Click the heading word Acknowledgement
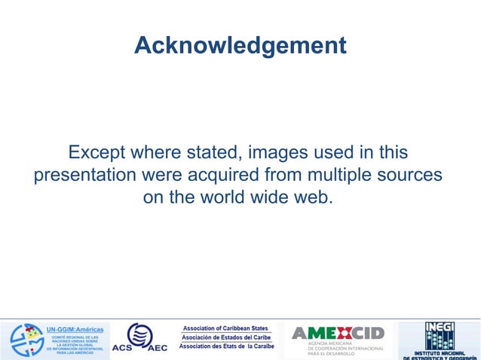pyautogui.click(x=240, y=46)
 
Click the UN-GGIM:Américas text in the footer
pyautogui.click(x=75, y=330)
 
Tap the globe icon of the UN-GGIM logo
pyautogui.click(x=26, y=340)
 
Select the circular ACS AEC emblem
pyautogui.click(x=139, y=334)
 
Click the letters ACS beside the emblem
pyautogui.click(x=121, y=348)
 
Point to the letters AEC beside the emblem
pyautogui.click(x=158, y=348)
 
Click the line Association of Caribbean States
pyautogui.click(x=226, y=328)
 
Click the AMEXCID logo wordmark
pyautogui.click(x=339, y=333)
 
